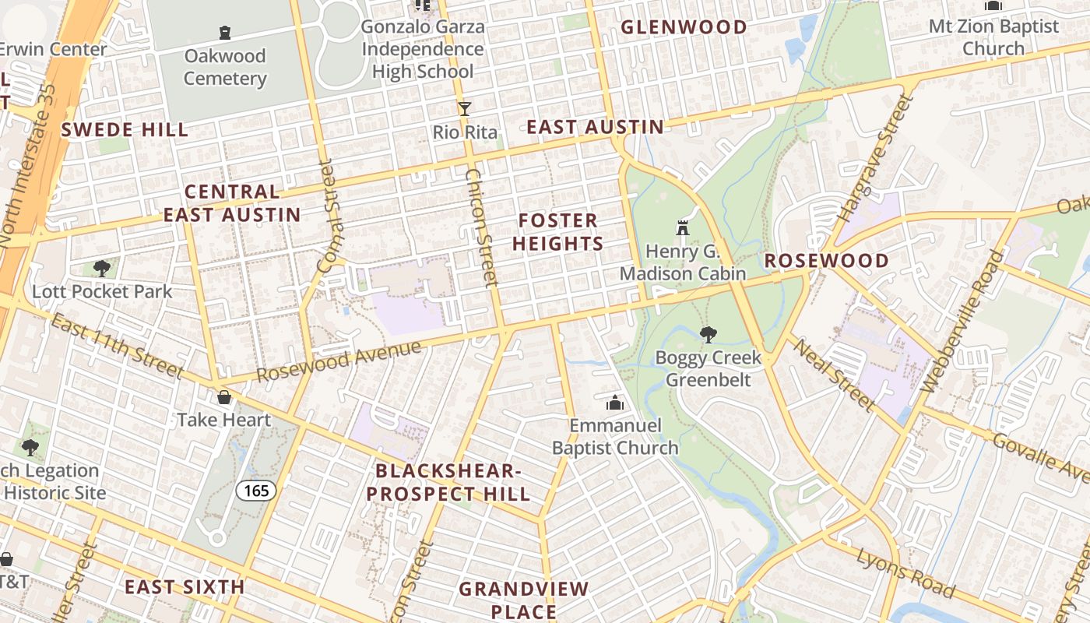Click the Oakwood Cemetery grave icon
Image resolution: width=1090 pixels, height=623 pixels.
pyautogui.click(x=225, y=33)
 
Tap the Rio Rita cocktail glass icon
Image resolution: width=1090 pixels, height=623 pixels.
pyautogui.click(x=465, y=109)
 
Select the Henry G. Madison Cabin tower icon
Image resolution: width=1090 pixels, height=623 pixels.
pyautogui.click(x=683, y=228)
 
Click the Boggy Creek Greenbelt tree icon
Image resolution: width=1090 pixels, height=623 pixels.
pyautogui.click(x=708, y=335)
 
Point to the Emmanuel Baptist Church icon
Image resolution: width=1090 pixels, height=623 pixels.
pyautogui.click(x=615, y=403)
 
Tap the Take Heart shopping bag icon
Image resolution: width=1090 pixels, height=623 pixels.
pyautogui.click(x=224, y=397)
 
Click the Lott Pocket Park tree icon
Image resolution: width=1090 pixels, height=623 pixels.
pyautogui.click(x=101, y=269)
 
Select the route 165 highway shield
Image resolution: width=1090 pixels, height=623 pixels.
pyautogui.click(x=256, y=491)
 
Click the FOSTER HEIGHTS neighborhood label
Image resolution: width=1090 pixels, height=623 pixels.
pyautogui.click(x=557, y=232)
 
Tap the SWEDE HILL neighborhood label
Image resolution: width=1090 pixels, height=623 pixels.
pyautogui.click(x=125, y=129)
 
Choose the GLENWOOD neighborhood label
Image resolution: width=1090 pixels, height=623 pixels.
pyautogui.click(x=684, y=27)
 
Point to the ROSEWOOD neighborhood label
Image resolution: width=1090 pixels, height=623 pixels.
pyautogui.click(x=826, y=261)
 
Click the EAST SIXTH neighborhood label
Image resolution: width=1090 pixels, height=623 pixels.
pyautogui.click(x=185, y=587)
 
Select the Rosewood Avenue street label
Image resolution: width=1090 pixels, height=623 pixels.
pyautogui.click(x=339, y=361)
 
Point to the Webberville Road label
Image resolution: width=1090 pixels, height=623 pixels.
pyautogui.click(x=963, y=321)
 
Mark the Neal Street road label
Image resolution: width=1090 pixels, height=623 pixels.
pyautogui.click(x=833, y=375)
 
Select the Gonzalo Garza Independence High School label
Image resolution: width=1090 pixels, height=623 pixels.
pyautogui.click(x=423, y=49)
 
